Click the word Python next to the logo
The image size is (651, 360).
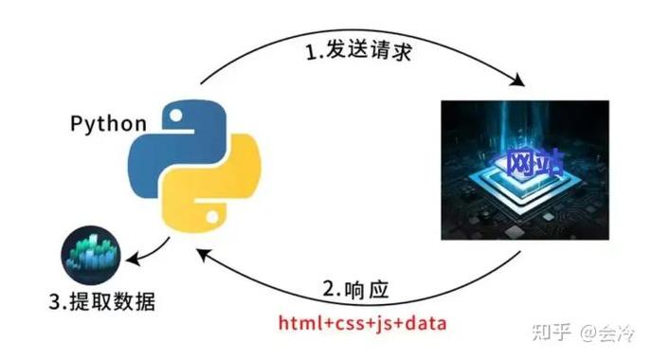pos(107,124)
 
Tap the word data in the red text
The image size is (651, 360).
pos(425,323)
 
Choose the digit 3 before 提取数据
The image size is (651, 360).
pos(53,304)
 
